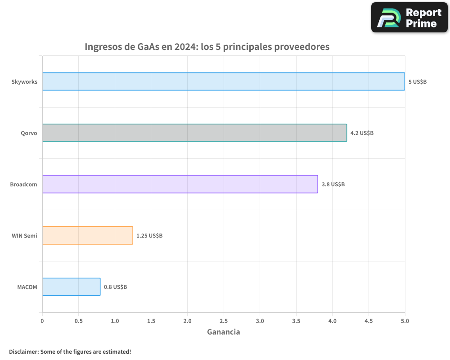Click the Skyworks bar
[224, 81]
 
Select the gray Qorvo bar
[194, 133]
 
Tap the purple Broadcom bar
[180, 184]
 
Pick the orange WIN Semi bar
[87, 235]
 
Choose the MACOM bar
[71, 287]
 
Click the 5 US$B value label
[417, 82]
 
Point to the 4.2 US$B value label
[362, 133]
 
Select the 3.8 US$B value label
[333, 184]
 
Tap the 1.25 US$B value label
[149, 236]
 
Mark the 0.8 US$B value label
[115, 287]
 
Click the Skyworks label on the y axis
[24, 82]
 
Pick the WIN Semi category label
[24, 236]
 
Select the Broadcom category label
[23, 184]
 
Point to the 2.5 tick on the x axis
[224, 321]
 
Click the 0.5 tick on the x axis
[78, 321]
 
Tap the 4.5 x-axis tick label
[369, 321]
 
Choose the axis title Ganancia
[223, 332]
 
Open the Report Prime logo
[409, 18]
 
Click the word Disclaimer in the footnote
[23, 351]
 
